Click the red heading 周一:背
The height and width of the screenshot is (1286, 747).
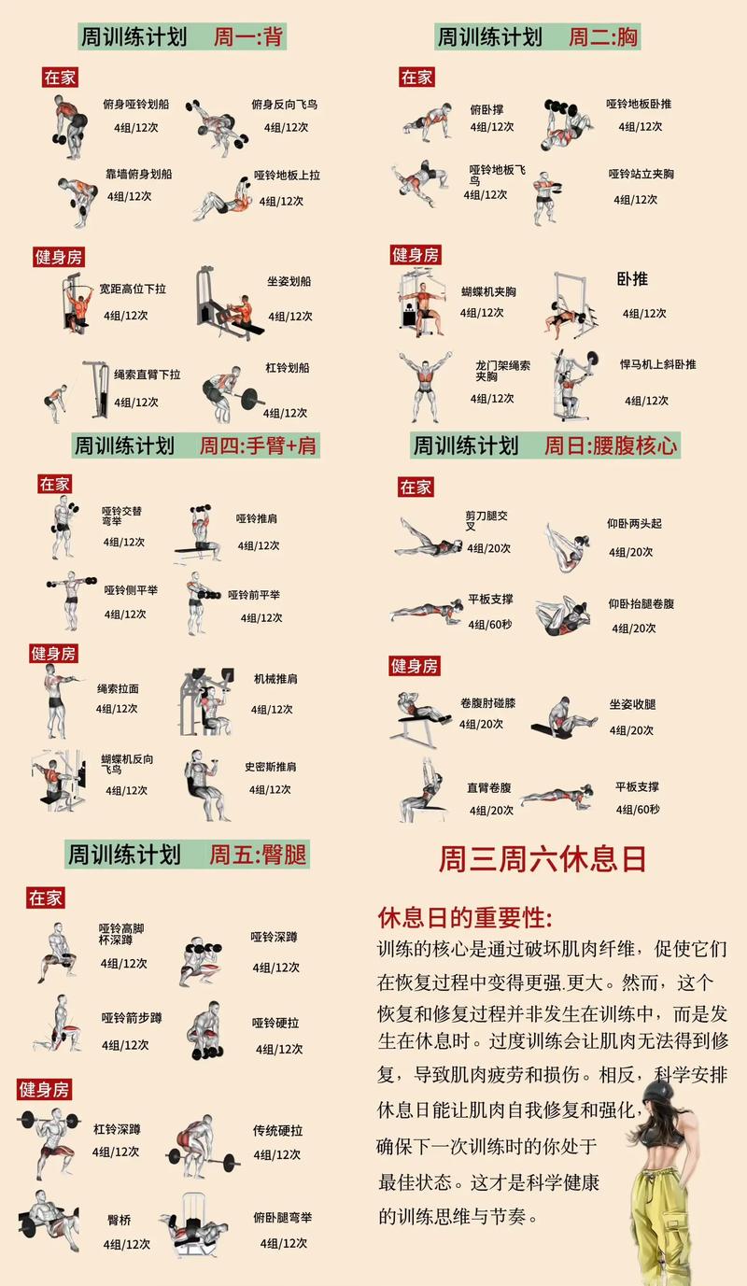tap(248, 37)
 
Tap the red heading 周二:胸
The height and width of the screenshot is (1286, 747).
tap(603, 37)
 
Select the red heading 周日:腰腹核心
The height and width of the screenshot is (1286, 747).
tap(611, 445)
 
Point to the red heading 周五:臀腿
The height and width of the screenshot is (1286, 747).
tap(258, 854)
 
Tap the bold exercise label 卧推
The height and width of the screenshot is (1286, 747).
tap(632, 278)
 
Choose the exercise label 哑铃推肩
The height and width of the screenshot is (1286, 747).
tap(256, 518)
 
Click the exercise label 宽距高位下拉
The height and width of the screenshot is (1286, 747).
tap(133, 290)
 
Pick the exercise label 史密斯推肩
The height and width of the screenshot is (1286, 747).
tap(271, 766)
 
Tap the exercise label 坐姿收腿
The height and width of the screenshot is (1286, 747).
tap(633, 704)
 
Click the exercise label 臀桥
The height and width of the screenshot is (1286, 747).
tap(120, 1220)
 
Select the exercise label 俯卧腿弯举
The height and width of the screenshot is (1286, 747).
tap(282, 1218)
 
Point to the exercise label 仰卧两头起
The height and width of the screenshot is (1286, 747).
tap(634, 524)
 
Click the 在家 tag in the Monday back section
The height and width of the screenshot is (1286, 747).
tap(60, 78)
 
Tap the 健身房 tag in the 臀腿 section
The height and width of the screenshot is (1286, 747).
tap(44, 1089)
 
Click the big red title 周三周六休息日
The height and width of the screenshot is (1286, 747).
tap(543, 858)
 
